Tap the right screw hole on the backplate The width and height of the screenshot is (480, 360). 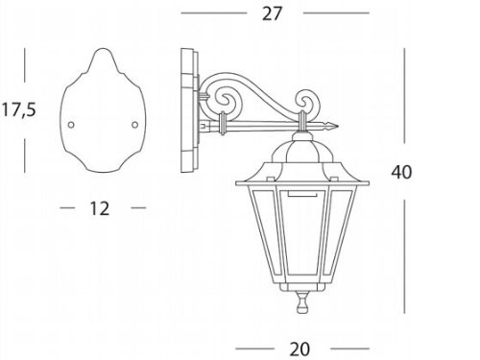pyautogui.click(x=134, y=122)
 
